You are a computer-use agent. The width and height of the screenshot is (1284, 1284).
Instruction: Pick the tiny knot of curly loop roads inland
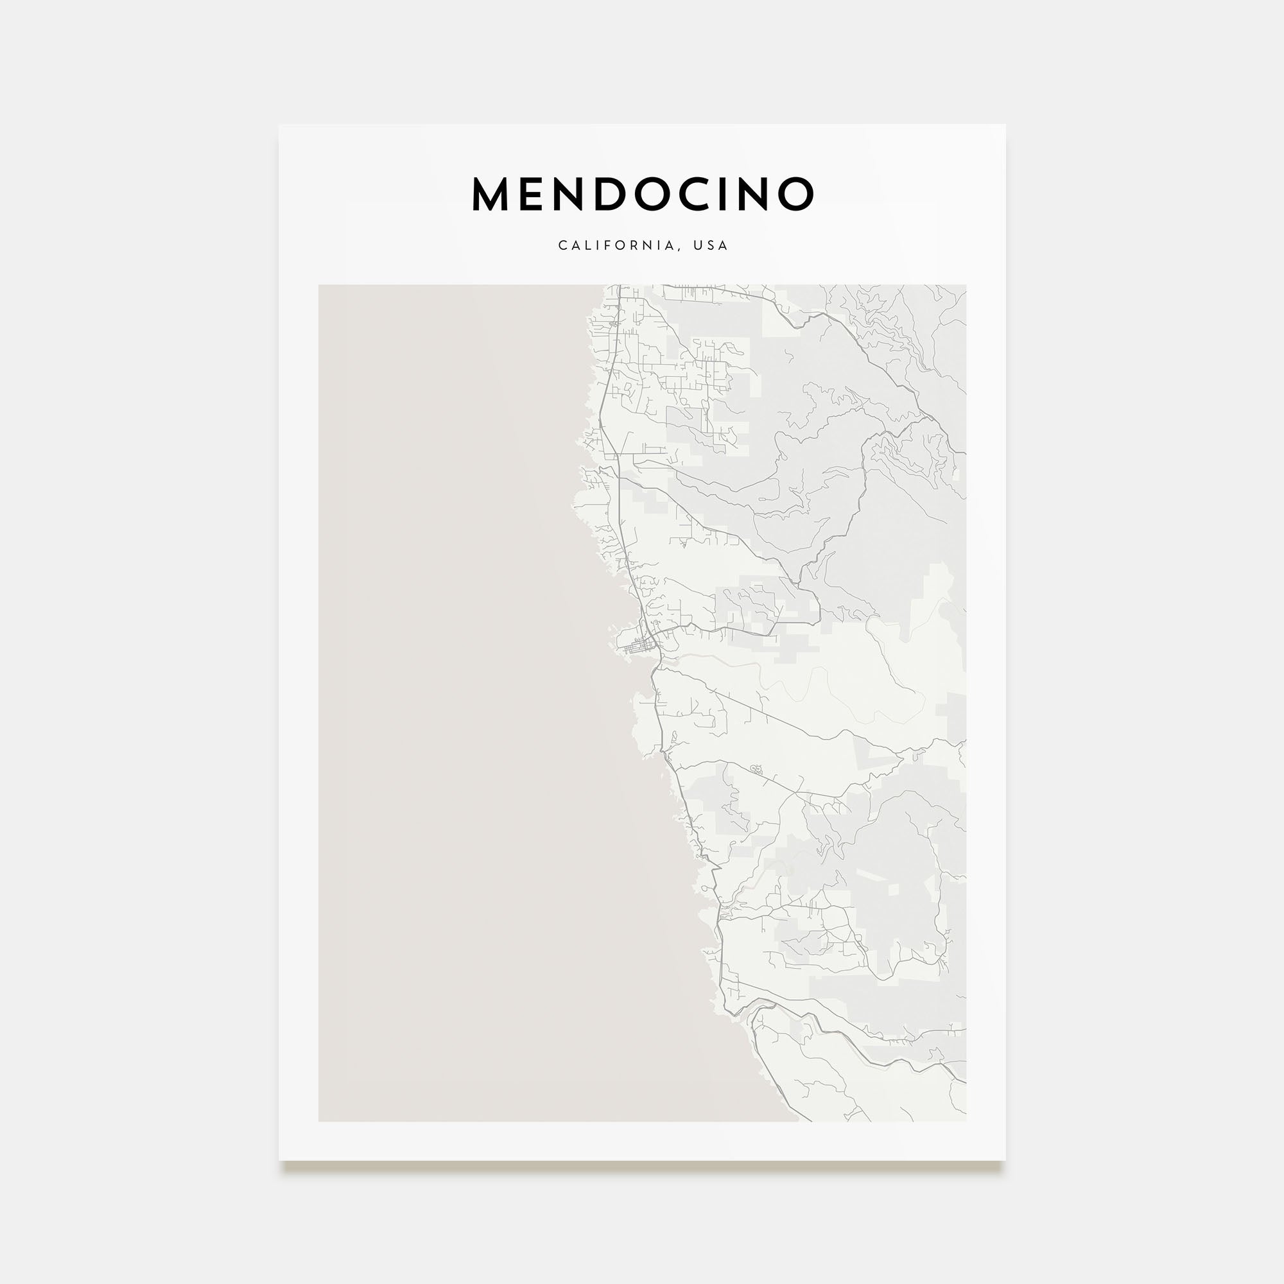[756, 769]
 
